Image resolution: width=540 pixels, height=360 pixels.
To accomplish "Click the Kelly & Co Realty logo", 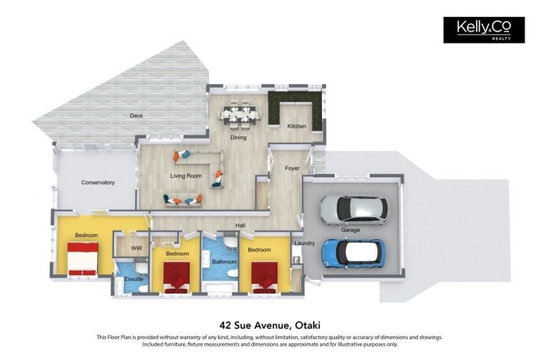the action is (x=484, y=30).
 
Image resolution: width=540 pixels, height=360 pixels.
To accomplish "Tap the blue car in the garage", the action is (x=354, y=254).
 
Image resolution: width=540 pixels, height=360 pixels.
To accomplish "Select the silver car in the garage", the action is (x=354, y=210).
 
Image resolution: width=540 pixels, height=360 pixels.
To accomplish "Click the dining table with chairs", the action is (x=240, y=114).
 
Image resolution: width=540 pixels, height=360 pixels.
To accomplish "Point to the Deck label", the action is (x=136, y=116).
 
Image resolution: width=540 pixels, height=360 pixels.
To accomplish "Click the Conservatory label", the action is (x=98, y=183).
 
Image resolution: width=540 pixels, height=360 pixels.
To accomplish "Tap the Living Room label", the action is (x=186, y=176).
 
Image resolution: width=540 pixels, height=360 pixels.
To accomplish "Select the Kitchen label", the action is (x=297, y=127).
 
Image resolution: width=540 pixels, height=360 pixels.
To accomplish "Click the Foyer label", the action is (x=292, y=169).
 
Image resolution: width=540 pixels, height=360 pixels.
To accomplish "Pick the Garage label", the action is (x=351, y=230).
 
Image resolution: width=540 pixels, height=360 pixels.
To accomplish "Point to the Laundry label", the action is (x=304, y=243).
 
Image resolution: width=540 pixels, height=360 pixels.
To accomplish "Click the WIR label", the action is (x=136, y=248).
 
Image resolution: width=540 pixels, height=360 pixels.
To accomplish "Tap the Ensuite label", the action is (x=134, y=279).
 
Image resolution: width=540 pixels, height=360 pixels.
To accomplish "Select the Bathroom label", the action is (x=224, y=262).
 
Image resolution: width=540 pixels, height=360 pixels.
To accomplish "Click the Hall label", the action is (x=240, y=225).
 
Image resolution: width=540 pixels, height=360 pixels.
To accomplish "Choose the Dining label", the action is (x=238, y=137).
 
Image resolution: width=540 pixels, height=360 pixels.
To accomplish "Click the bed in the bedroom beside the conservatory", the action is (x=83, y=259).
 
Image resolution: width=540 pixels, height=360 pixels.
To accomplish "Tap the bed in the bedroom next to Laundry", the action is (x=264, y=278).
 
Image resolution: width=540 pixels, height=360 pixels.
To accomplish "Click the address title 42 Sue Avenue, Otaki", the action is (x=270, y=326).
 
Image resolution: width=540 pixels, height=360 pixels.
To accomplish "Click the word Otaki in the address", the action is (x=309, y=326).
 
